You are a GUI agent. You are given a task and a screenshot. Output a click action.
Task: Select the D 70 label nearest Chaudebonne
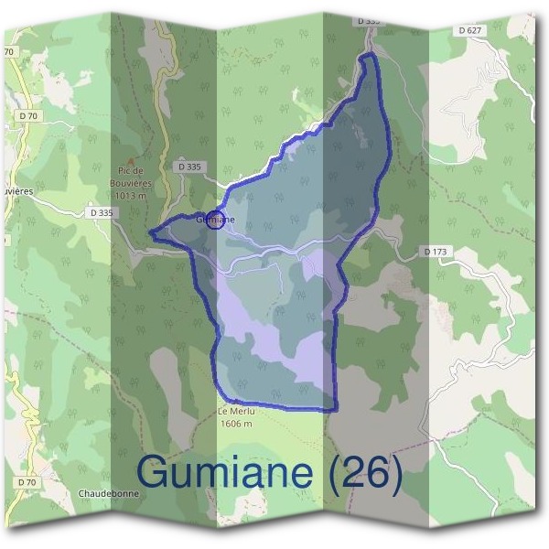coord(27,481)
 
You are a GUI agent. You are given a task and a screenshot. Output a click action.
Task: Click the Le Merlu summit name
coord(234,412)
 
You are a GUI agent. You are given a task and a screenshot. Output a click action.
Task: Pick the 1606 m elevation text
coord(234,424)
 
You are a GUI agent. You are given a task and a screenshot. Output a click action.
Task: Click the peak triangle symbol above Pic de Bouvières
coord(131,158)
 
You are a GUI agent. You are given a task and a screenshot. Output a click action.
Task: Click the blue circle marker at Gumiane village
coord(214,220)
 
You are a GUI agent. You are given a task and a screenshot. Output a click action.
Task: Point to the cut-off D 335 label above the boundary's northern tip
coord(369,20)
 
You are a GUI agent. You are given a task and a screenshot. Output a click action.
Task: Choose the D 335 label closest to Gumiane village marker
coord(189,167)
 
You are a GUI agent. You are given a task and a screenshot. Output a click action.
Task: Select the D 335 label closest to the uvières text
coord(102,212)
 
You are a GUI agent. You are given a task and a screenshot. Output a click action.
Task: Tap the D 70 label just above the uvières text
coord(28,116)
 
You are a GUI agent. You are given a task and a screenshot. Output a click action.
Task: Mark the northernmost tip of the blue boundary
coord(369,56)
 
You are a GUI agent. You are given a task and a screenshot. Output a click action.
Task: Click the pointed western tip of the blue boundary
coord(151,232)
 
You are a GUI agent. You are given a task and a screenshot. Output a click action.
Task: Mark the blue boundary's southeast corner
coord(334,408)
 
